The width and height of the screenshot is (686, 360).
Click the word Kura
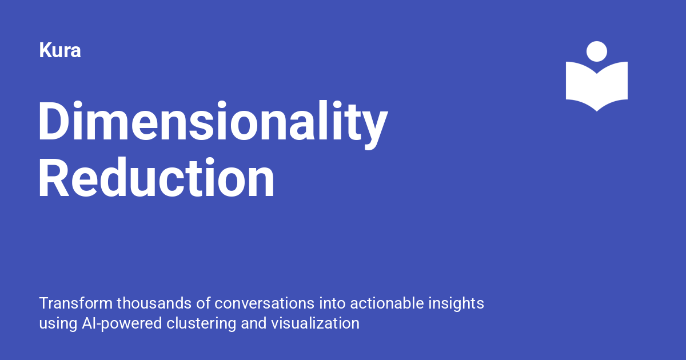click(59, 51)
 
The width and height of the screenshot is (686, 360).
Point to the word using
click(55, 323)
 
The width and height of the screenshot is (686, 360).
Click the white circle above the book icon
click(597, 51)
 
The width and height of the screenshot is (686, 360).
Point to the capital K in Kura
click(45, 51)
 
